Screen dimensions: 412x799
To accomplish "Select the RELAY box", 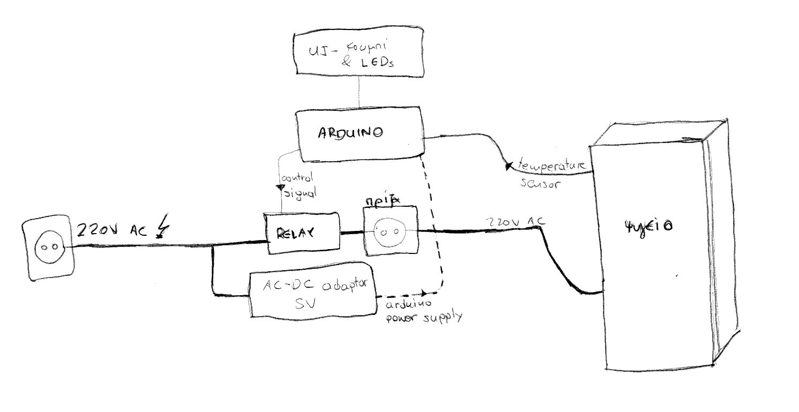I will (x=303, y=233).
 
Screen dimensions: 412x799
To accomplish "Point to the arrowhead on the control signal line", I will (x=279, y=188).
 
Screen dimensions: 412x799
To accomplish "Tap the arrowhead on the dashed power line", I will (x=424, y=293).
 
